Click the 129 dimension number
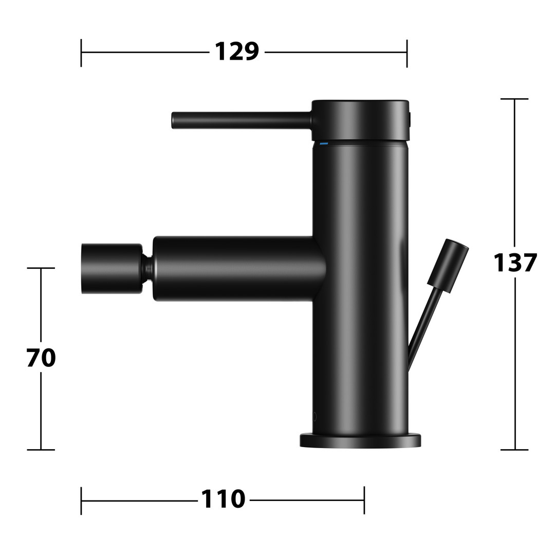point(237,52)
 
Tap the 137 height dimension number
point(515,263)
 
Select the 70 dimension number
point(41,358)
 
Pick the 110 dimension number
point(223,499)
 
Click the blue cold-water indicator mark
point(324,144)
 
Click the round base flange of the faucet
point(360,440)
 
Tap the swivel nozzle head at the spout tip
point(112,269)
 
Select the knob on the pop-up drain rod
point(448,266)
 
